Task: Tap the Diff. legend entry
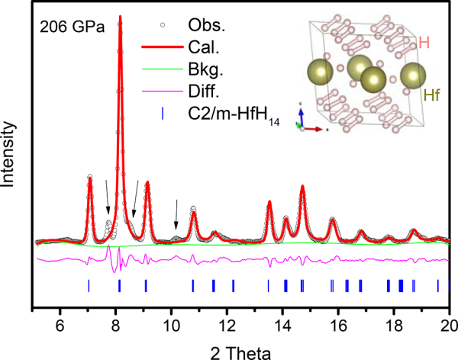coord(204,90)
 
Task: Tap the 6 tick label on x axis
coord(60,323)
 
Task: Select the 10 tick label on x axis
coord(172,323)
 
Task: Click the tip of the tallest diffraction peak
coord(119,17)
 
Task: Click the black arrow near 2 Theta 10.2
coord(177,214)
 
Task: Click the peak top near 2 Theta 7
coord(90,178)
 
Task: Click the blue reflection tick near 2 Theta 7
coord(89,285)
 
